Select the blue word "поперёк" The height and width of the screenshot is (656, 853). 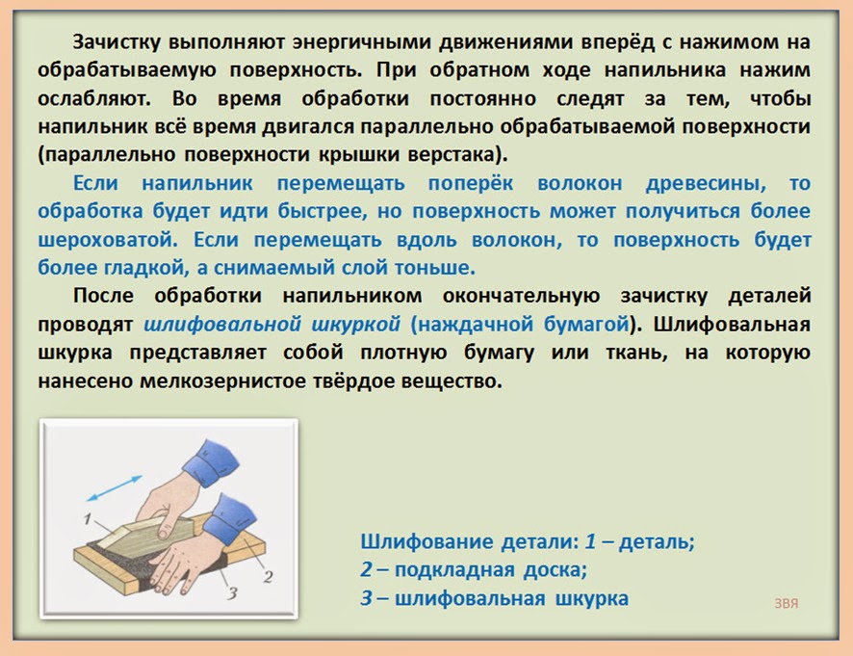[471, 183]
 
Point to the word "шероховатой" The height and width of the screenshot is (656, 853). [108, 240]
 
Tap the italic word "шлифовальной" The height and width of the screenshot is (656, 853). [222, 325]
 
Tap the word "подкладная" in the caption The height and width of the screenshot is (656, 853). [454, 570]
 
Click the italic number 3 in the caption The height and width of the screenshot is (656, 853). [367, 598]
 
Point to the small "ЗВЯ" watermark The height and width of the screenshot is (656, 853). [786, 603]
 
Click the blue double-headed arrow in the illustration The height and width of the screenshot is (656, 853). [115, 487]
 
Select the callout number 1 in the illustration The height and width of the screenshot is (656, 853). [87, 519]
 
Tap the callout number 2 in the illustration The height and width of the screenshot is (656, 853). [268, 576]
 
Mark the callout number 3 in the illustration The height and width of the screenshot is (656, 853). [232, 592]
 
